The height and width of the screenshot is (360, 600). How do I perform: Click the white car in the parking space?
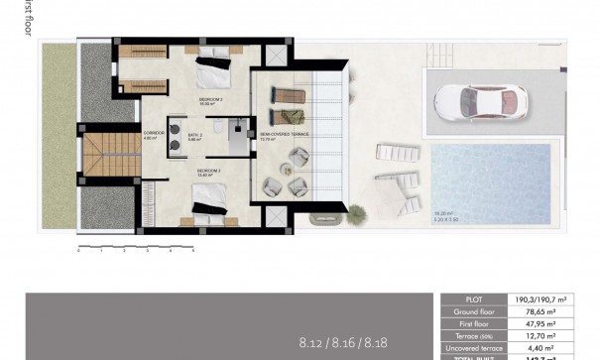point(481,100)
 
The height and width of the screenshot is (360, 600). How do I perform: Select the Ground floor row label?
point(473,310)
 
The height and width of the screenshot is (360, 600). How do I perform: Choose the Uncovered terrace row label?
point(473,347)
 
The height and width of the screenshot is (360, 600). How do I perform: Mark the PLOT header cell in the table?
point(473,299)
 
